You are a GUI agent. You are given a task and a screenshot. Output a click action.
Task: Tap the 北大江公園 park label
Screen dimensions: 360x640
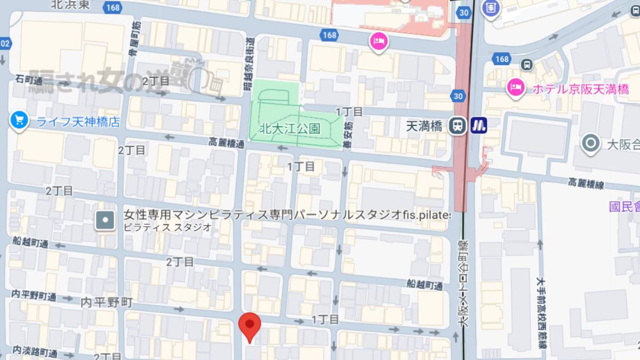point(289,129)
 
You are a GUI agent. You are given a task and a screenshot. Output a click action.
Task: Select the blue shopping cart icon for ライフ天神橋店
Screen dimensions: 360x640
point(19,120)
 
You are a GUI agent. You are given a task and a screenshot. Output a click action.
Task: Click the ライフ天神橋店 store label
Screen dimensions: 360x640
point(78,122)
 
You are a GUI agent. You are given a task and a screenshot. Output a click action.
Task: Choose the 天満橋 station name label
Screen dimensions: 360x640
point(424,126)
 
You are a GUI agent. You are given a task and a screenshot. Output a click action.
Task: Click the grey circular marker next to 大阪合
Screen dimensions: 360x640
point(590,143)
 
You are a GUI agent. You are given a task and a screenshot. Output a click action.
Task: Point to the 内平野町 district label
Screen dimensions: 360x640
point(106,302)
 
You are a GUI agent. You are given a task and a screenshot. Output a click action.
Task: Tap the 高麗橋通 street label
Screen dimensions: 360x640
point(227,143)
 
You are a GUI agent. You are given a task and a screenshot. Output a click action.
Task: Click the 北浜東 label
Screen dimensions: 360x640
point(71,5)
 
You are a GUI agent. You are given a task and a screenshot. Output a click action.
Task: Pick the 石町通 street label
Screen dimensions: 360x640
point(29,81)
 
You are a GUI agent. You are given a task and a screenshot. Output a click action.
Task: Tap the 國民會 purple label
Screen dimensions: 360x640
point(625,207)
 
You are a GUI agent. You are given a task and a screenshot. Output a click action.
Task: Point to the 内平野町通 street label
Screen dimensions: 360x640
point(34,295)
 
